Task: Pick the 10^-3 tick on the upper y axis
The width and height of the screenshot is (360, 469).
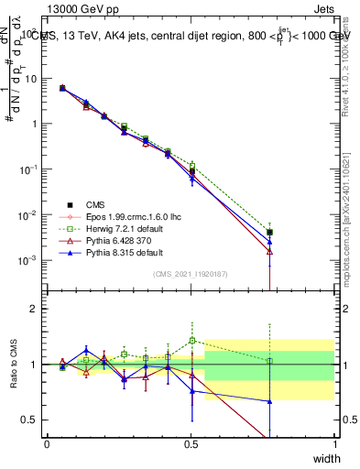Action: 27,260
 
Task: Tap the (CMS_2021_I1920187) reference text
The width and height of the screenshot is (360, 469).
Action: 191,274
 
